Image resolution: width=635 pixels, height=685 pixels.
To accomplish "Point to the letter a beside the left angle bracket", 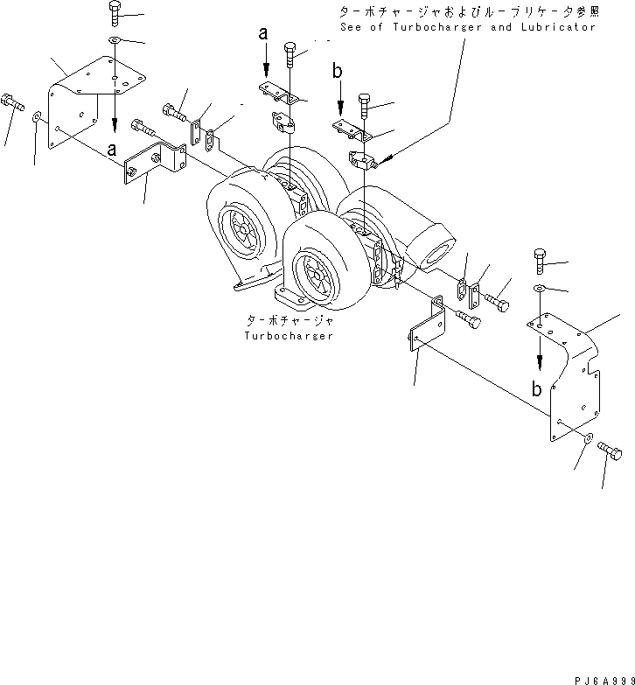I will tap(111, 150).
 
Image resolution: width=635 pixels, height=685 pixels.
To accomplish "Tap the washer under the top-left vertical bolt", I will tap(115, 40).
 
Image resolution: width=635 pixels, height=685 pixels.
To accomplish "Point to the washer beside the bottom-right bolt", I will tap(588, 437).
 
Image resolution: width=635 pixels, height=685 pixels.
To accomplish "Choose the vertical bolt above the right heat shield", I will tap(540, 261).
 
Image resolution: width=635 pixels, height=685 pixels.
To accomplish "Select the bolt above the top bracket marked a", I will tap(291, 55).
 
